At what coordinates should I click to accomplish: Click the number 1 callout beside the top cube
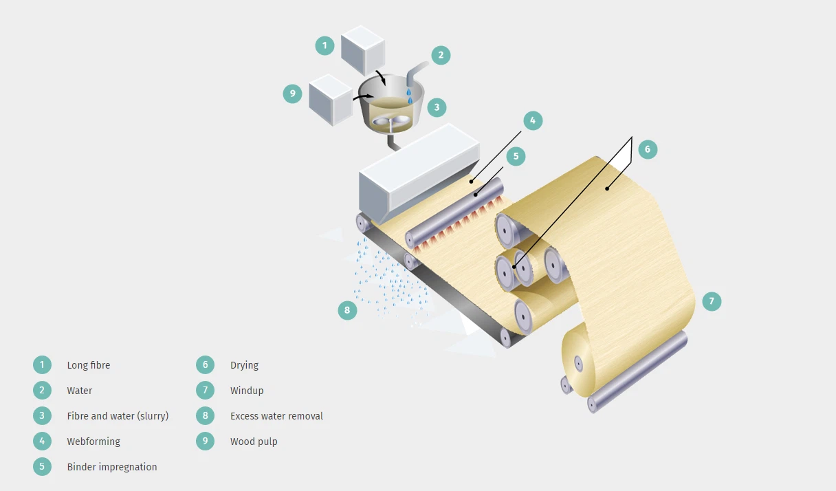[x=324, y=46]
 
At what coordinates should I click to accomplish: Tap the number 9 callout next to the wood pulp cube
[x=293, y=94]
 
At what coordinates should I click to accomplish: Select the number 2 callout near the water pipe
[x=441, y=55]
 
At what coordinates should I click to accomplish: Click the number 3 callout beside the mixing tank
[x=436, y=107]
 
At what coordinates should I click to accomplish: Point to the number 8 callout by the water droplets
[x=347, y=310]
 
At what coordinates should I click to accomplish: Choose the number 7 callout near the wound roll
[x=712, y=301]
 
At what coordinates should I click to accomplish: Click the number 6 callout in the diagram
[x=648, y=149]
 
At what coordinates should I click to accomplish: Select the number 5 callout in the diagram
[x=516, y=156]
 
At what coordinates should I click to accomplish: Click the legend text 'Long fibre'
[x=88, y=365]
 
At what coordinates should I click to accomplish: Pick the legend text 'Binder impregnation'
[x=112, y=467]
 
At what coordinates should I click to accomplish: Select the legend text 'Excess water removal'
[x=276, y=416]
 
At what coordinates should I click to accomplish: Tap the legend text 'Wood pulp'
[x=254, y=441]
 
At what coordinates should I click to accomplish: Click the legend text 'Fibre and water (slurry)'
[x=118, y=416]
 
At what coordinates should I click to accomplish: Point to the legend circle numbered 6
[x=205, y=365]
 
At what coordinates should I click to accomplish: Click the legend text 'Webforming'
[x=93, y=441]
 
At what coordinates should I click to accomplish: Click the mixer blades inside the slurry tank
[x=390, y=122]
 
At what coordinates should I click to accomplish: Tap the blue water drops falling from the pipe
[x=409, y=92]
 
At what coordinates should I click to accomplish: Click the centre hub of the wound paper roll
[x=578, y=362]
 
